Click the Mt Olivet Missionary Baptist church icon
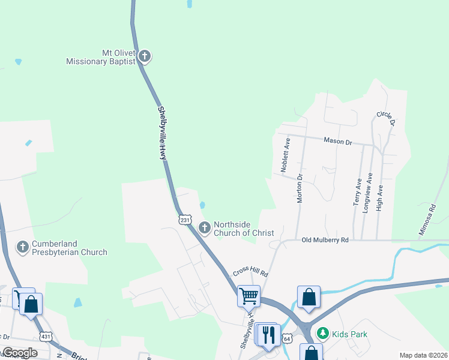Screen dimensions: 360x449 (x=144, y=57)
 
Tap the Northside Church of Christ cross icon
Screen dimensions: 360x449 (x=205, y=227)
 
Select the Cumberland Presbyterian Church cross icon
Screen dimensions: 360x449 (x=23, y=247)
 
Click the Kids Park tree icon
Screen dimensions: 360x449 (x=323, y=333)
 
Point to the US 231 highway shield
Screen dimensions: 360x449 (x=185, y=220)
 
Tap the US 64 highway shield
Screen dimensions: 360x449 (x=288, y=339)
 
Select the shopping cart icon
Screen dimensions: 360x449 (x=248, y=295)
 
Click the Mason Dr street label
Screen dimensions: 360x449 (x=337, y=142)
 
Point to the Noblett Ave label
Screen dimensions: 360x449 (x=287, y=155)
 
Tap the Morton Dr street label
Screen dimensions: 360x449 (x=300, y=188)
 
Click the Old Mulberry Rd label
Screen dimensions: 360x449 (x=325, y=240)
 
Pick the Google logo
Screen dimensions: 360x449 (x=19, y=353)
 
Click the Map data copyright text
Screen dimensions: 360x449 (x=423, y=355)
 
